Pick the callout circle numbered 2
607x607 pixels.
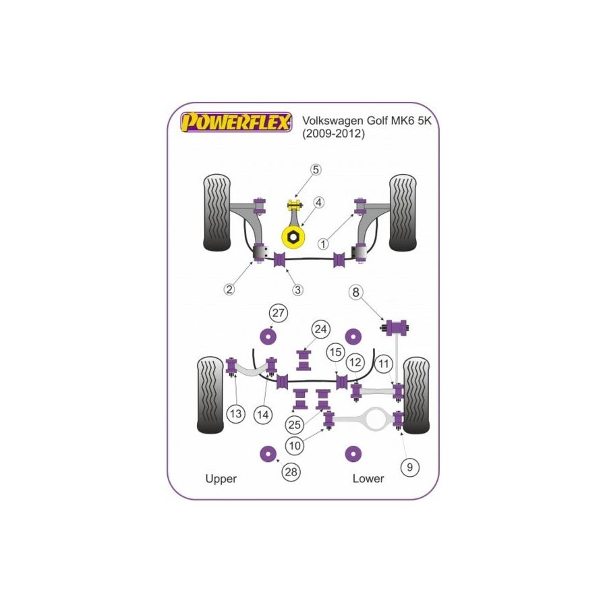click(230, 289)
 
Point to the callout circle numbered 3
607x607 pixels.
click(298, 289)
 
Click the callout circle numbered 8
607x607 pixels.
click(355, 292)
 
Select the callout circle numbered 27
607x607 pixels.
click(278, 312)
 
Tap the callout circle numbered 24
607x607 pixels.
click(320, 329)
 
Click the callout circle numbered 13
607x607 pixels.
click(235, 415)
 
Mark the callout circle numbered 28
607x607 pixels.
click(291, 472)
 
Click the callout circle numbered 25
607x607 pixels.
click(293, 425)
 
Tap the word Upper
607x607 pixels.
click(221, 478)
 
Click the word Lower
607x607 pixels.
click(368, 478)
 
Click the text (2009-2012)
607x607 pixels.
click(333, 134)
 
